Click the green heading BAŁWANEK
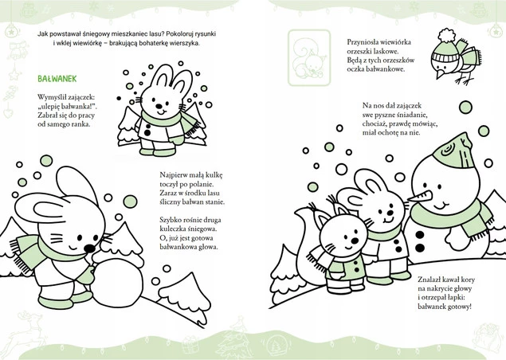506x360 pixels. [57, 79]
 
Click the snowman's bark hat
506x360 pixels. [454, 151]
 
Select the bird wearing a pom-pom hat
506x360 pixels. [456, 58]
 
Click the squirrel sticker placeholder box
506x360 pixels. [309, 58]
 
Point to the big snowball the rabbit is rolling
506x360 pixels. [117, 282]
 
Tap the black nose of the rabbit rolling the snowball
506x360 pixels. [89, 248]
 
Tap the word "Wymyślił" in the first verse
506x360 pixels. [50, 97]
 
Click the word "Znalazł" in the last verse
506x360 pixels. [429, 280]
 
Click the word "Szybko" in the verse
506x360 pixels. [169, 220]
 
